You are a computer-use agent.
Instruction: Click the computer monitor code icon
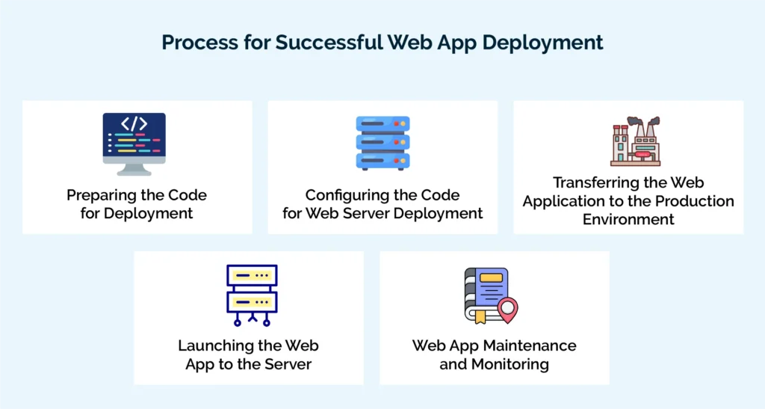tap(134, 143)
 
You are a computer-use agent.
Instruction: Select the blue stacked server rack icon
tap(382, 143)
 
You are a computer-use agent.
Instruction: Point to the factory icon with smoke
tap(634, 141)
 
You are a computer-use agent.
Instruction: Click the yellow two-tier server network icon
tap(252, 295)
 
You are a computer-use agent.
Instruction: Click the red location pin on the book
tap(508, 309)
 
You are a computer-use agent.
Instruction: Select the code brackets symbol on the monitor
tap(134, 123)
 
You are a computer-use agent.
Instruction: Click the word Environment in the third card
tap(628, 219)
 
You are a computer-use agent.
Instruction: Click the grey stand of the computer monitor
tap(134, 168)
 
